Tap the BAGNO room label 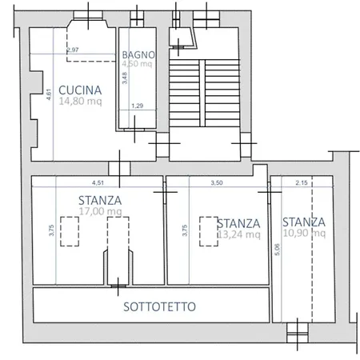coord(138,55)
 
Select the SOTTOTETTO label coord(160,306)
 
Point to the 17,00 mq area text coord(100,212)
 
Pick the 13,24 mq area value coord(239,234)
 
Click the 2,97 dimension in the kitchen coord(72,50)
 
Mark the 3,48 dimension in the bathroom coord(125,78)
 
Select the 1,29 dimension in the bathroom coord(137,106)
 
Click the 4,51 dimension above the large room coord(98,183)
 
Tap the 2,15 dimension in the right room coord(301,183)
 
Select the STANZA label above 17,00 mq coord(100,200)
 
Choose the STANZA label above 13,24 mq coord(238,222)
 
